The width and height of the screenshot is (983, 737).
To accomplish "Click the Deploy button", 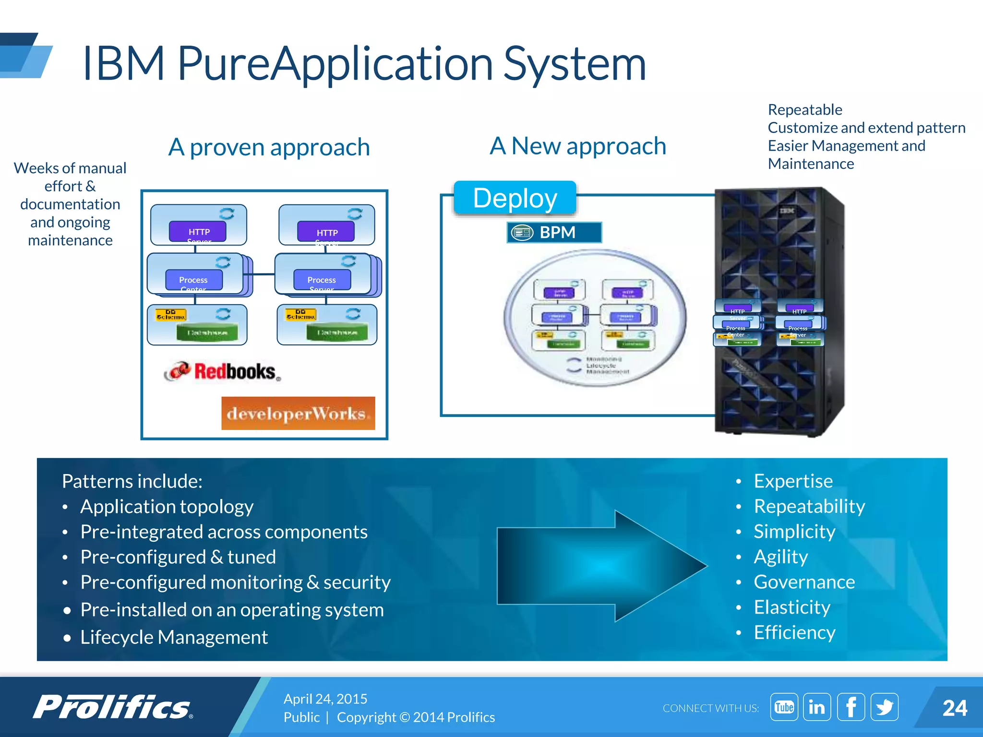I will point(515,198).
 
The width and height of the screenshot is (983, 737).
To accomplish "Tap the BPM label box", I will point(554,232).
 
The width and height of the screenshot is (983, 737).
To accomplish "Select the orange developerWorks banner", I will point(298,413).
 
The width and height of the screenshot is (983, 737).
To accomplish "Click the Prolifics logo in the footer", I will point(113,707).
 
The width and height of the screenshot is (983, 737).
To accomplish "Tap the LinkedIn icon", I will point(817,707).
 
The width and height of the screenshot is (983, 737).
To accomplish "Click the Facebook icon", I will point(851,707).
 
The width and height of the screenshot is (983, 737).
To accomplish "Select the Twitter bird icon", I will point(884,707).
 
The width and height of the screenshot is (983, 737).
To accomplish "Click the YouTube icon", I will point(784,707).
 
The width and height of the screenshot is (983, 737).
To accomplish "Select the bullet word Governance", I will point(804,582).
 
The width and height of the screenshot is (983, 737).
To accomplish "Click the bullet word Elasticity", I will point(792,607).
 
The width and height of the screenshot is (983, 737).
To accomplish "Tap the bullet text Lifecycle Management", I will point(174,637).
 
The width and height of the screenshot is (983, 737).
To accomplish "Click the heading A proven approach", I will point(269,147).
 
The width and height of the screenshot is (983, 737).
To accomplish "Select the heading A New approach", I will point(578,146).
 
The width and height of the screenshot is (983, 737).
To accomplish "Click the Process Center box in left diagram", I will point(194,280).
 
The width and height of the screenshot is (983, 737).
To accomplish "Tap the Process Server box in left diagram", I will point(322,280).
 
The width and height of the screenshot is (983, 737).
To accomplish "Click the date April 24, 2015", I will point(325,699).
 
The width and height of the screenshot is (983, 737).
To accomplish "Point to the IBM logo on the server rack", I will point(787,211).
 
